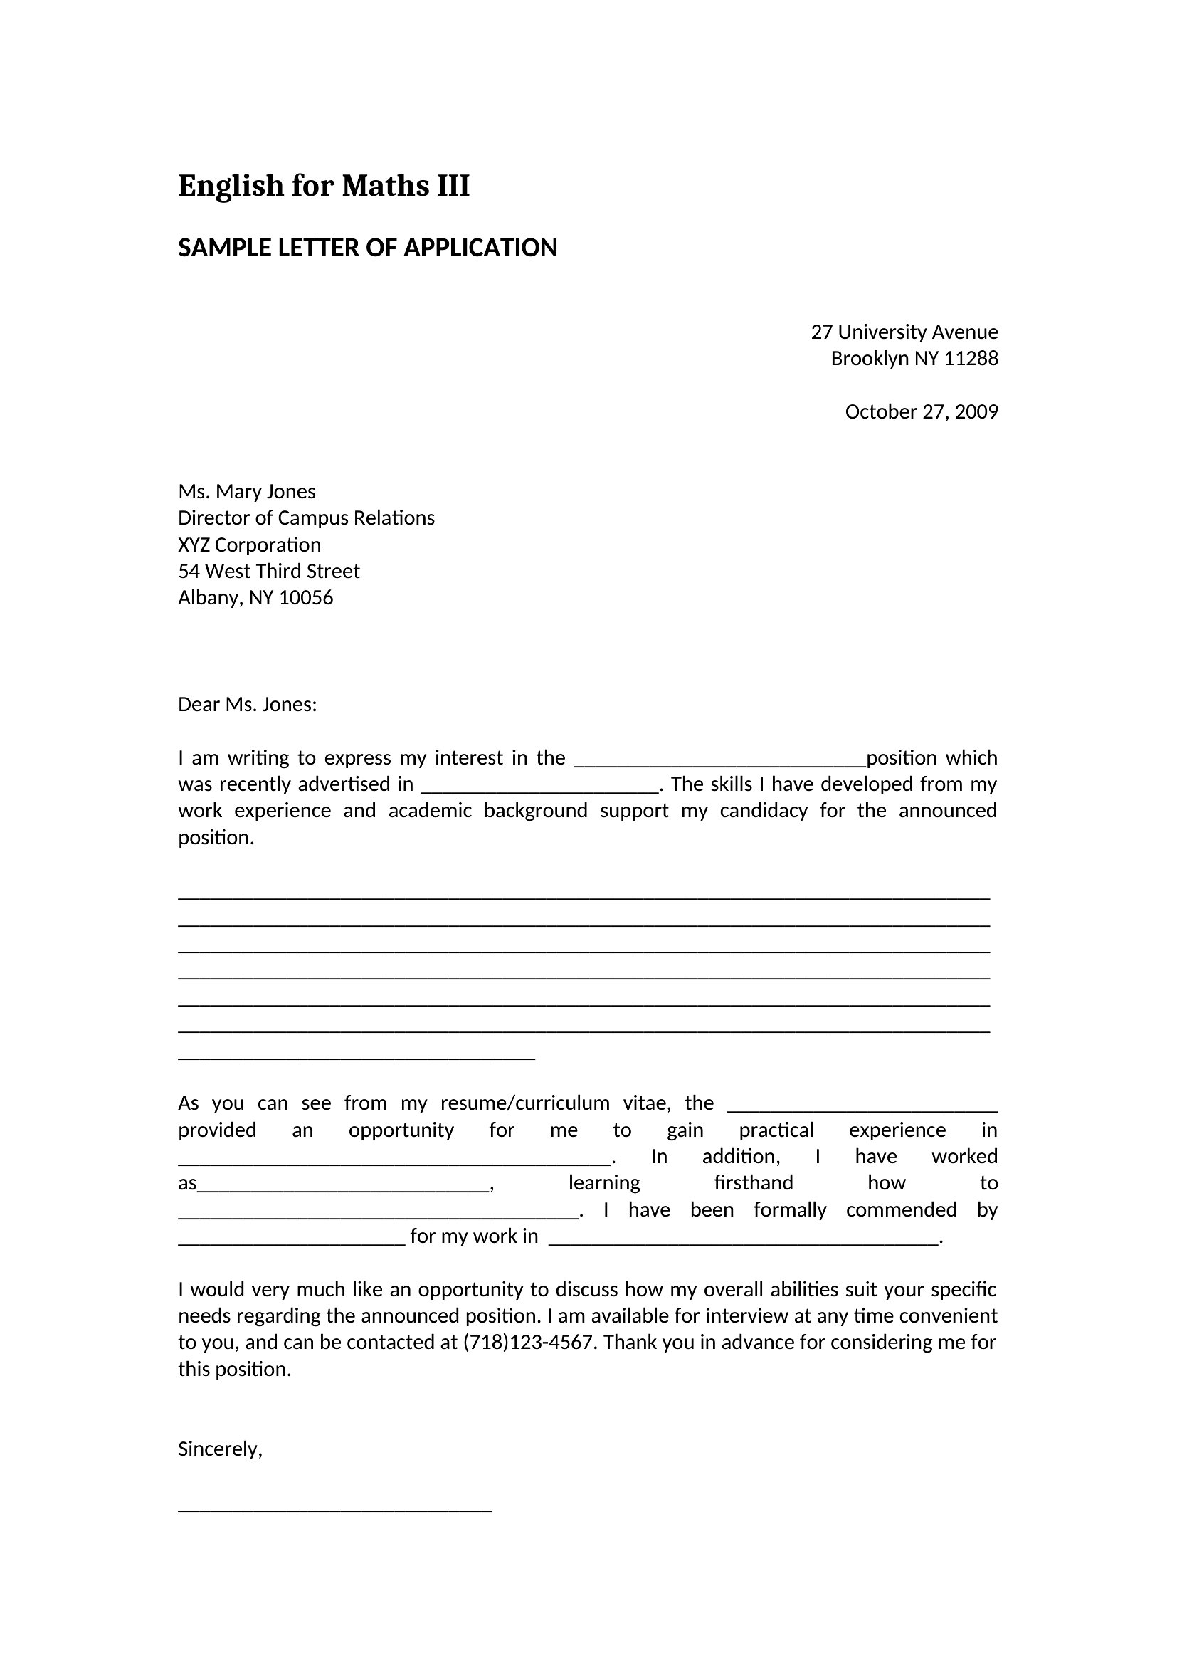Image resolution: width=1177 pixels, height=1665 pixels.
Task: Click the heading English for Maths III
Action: point(323,186)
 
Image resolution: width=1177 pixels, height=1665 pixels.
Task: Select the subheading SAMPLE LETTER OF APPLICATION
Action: point(367,248)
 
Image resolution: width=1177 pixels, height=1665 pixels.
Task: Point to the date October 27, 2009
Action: point(921,412)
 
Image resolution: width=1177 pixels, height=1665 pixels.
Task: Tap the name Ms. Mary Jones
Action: point(246,492)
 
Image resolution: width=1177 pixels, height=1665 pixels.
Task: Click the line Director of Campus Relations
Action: point(306,518)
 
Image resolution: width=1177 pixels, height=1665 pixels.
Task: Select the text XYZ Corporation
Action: point(249,545)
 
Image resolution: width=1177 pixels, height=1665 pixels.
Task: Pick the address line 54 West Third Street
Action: point(269,572)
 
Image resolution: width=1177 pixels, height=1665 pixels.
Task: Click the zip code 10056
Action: point(306,597)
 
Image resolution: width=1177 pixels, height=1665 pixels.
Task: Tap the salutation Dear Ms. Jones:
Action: point(247,704)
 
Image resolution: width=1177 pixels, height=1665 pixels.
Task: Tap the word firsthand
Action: point(753,1183)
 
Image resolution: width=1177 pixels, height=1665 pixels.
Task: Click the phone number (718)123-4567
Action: point(528,1343)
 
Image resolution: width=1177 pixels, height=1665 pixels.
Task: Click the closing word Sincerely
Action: point(218,1449)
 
